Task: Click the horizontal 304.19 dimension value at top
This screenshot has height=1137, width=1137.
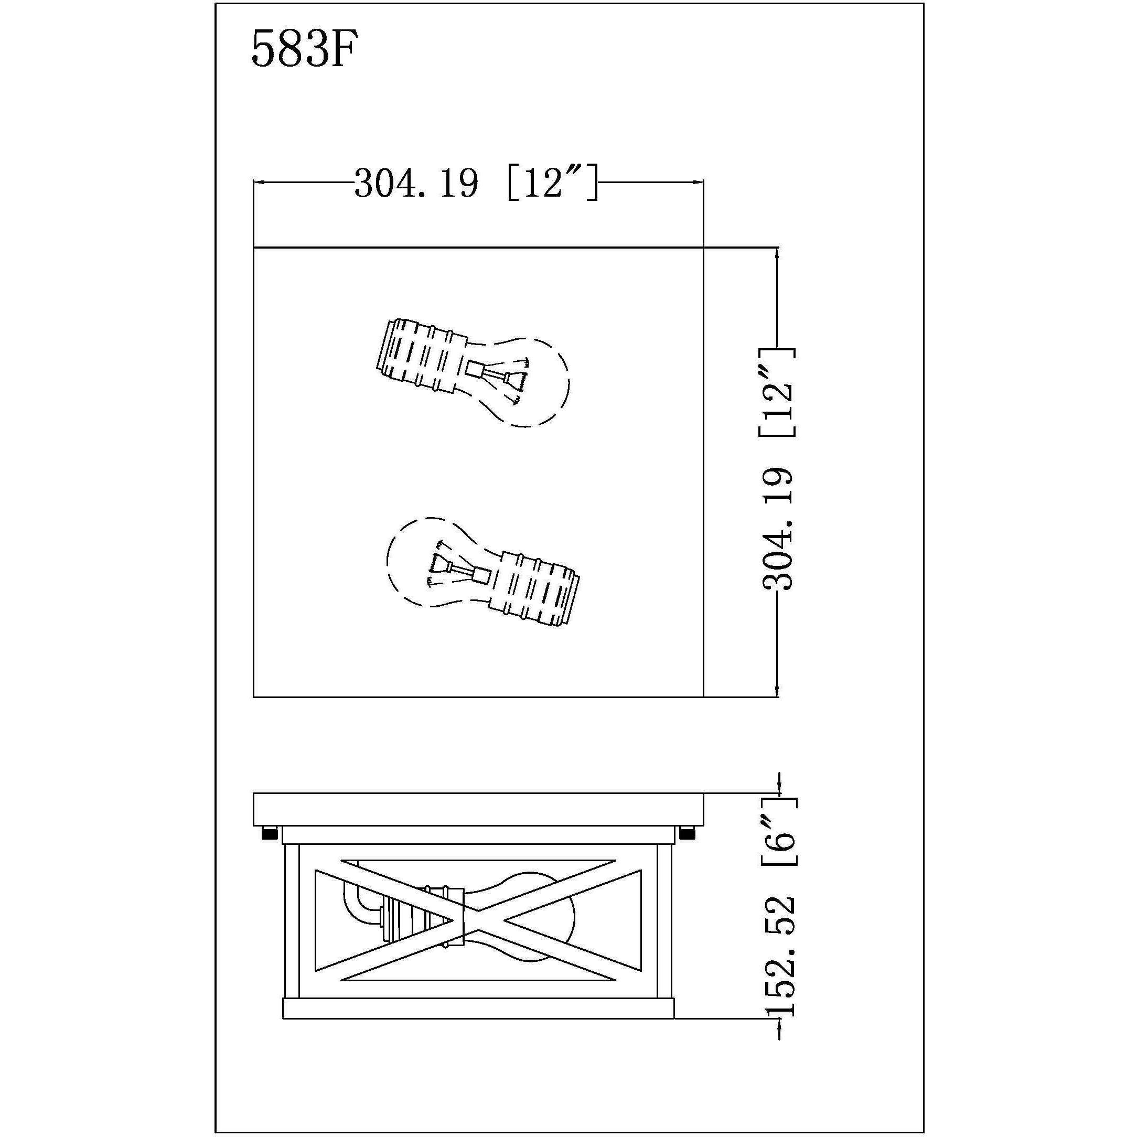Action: click(x=416, y=184)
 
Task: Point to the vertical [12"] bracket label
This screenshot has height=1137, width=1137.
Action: click(x=778, y=392)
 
